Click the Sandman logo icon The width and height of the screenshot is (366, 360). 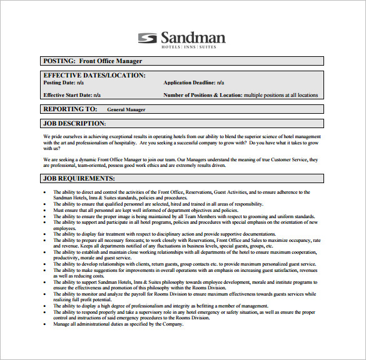coord(148,38)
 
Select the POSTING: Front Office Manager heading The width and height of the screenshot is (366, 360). coord(93,61)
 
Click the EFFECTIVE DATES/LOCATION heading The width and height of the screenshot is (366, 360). coord(94,75)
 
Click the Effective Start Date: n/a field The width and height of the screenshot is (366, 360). coord(72,95)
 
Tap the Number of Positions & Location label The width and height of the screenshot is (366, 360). coord(203,95)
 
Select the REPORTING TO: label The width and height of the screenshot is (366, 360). coord(68,109)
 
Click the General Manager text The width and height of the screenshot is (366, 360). coord(126,110)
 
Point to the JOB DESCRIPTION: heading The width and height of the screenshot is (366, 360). coord(74,124)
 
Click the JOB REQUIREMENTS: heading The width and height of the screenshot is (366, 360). coord(78,178)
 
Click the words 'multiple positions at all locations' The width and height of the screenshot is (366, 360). coord(281,95)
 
